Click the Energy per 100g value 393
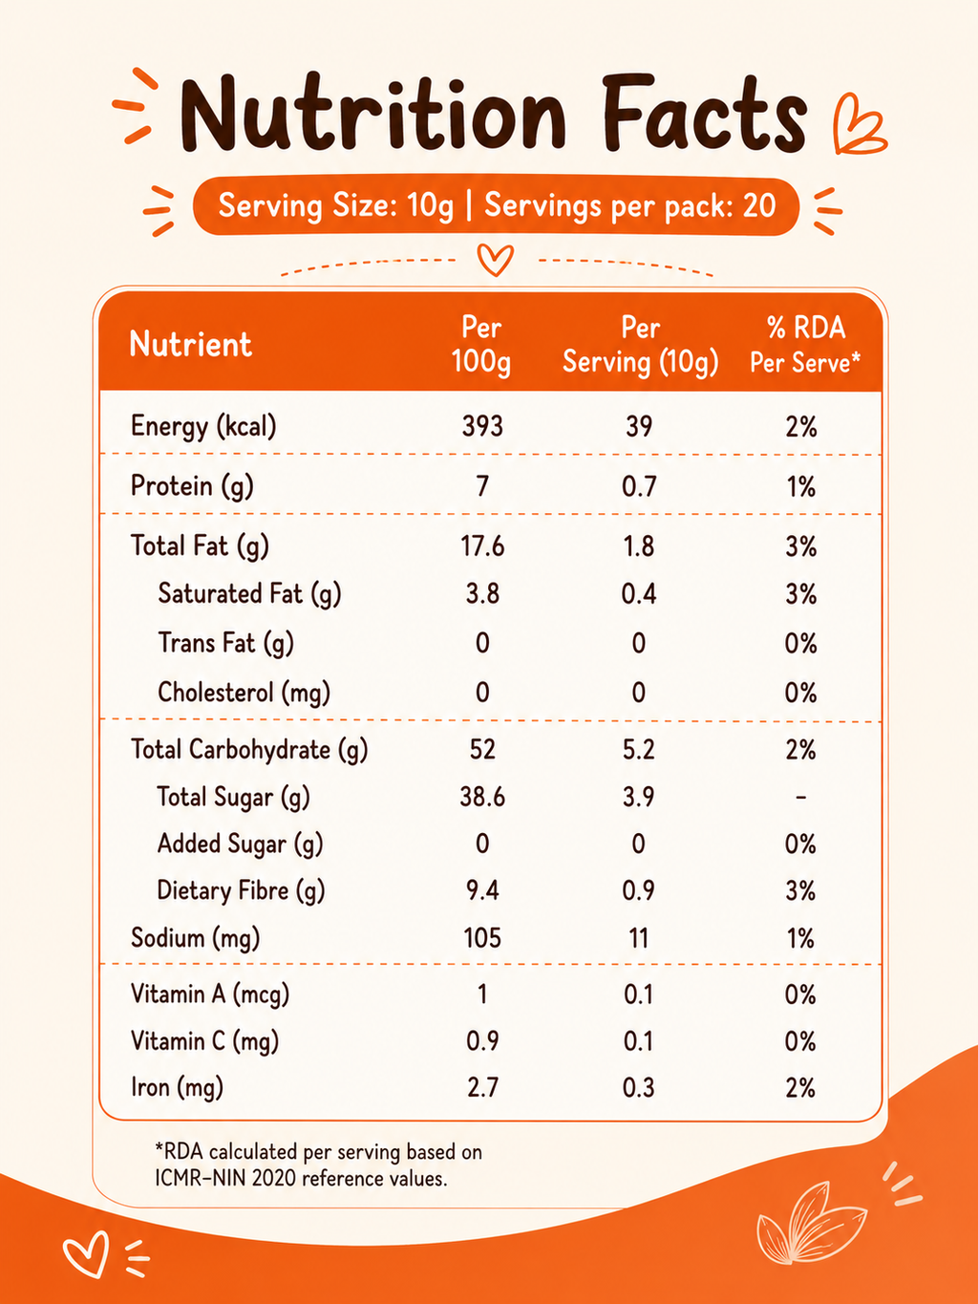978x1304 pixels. tap(482, 427)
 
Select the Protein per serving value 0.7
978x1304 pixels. tap(639, 486)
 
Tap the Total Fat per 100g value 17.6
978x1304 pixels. tap(482, 545)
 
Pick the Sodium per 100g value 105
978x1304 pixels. tap(482, 938)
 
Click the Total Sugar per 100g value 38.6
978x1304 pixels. tap(482, 797)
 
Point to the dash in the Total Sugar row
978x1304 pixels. tap(800, 797)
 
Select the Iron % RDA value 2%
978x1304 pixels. tap(800, 1088)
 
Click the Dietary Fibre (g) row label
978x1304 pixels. tap(241, 891)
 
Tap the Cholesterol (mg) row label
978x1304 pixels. tap(244, 693)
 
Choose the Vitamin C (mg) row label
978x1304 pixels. tap(204, 1041)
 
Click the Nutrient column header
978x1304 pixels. tap(191, 344)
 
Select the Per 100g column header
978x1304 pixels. tap(481, 344)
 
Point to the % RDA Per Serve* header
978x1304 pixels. tap(804, 345)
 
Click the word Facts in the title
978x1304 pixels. tap(704, 114)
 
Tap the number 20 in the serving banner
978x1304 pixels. tap(759, 205)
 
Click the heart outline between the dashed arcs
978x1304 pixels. tap(495, 260)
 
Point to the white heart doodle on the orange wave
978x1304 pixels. tap(87, 1253)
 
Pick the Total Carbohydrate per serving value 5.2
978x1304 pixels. tap(639, 750)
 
